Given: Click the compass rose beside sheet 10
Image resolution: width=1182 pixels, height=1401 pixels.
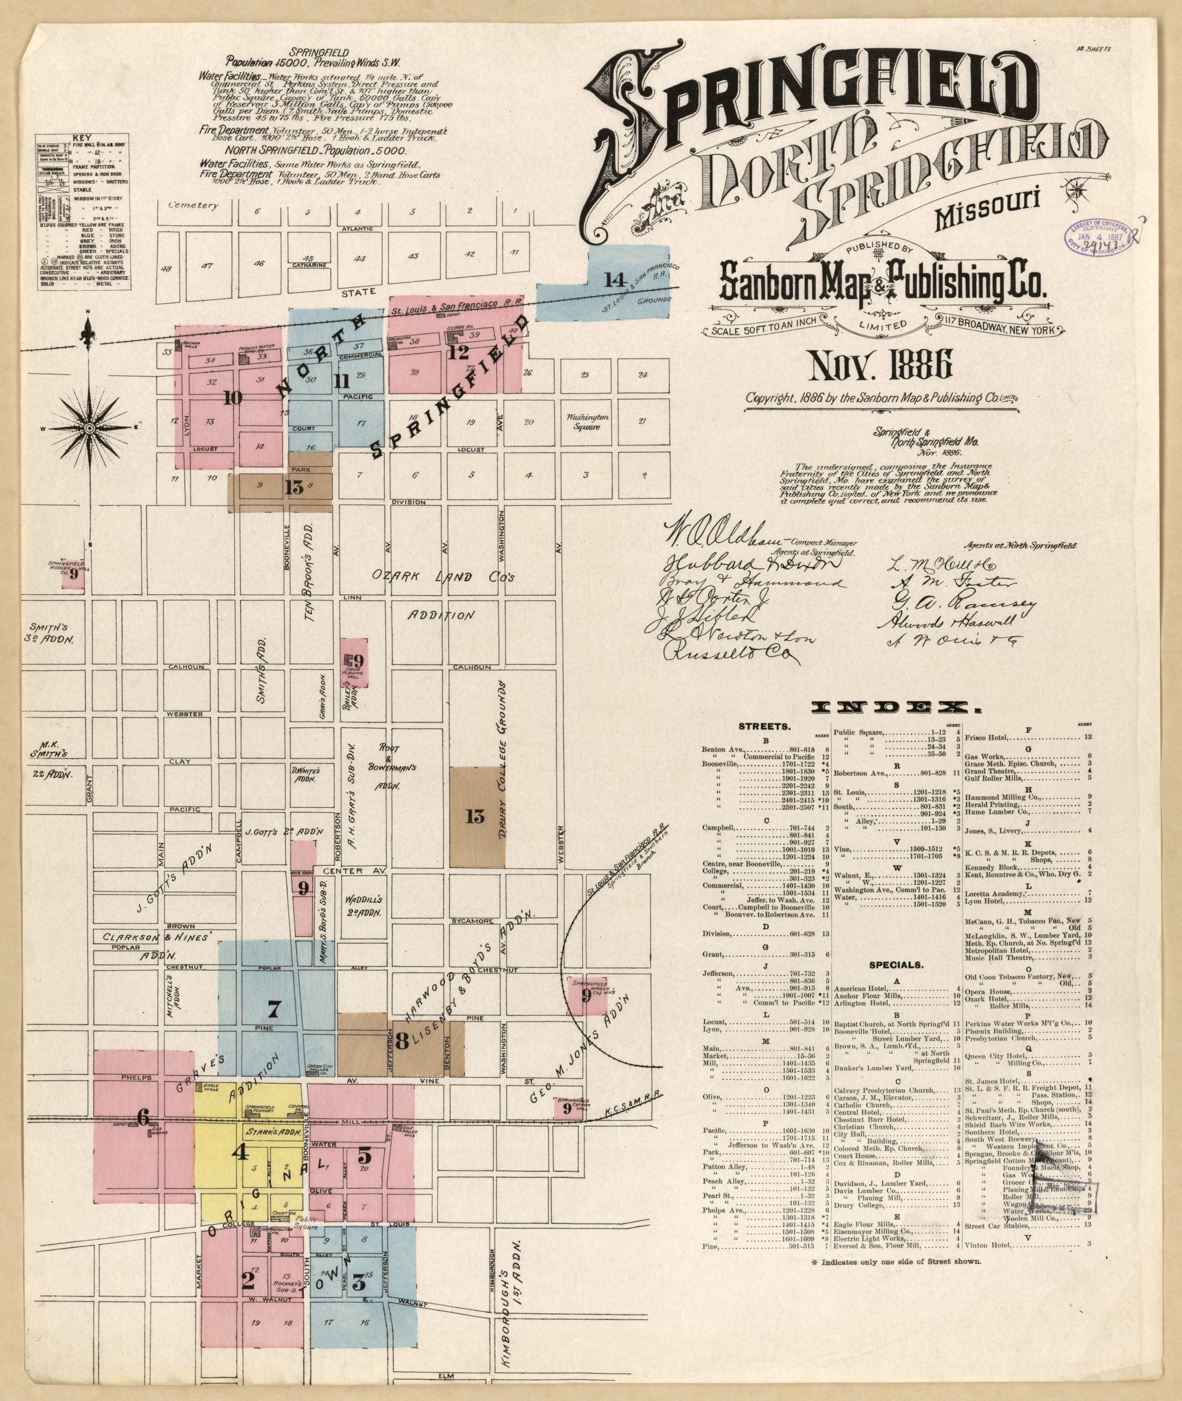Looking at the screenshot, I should [89, 427].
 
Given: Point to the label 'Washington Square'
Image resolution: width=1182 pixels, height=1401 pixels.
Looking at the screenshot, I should [587, 421].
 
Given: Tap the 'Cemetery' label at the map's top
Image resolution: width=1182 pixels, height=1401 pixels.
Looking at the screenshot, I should [194, 205].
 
